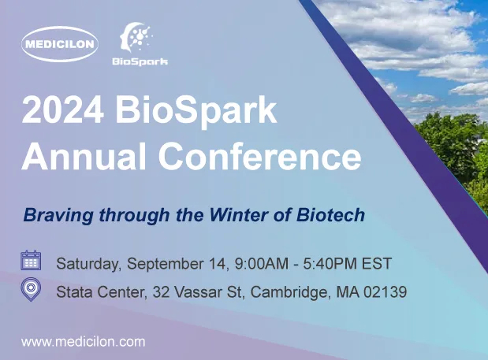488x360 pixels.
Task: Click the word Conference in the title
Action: [259, 158]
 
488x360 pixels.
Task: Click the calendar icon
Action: [31, 260]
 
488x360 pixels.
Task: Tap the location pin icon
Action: [31, 291]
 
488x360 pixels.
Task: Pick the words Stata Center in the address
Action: [99, 293]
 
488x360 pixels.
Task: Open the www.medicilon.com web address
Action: [83, 342]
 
